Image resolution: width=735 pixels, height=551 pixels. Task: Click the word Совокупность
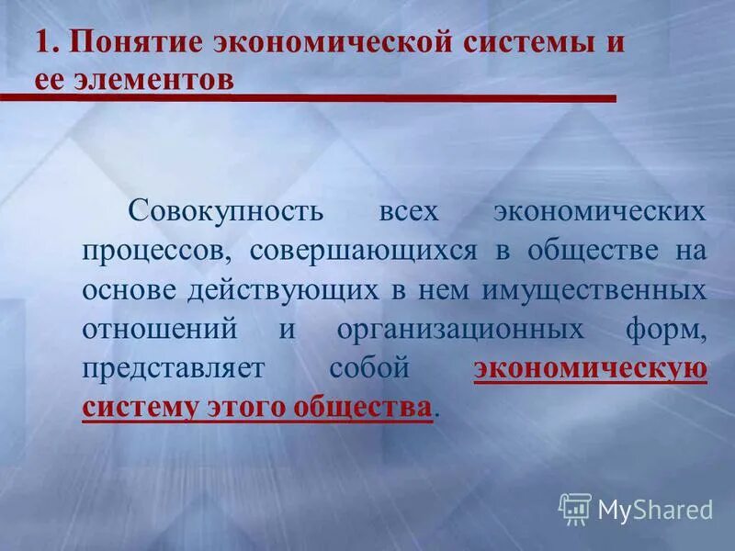click(226, 211)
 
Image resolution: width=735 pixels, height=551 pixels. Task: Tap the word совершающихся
click(364, 251)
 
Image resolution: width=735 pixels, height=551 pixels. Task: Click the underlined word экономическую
click(591, 369)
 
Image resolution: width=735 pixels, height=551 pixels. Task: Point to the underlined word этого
click(242, 407)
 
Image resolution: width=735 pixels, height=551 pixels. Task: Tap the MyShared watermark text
click(655, 509)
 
